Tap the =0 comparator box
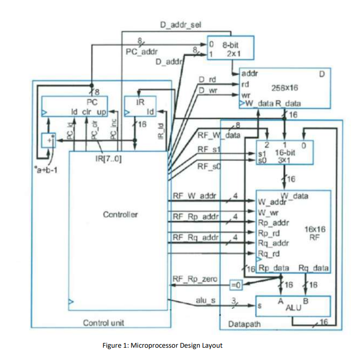click(236, 284)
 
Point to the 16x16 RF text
click(312, 233)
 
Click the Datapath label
click(244, 324)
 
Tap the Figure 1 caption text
click(162, 345)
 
